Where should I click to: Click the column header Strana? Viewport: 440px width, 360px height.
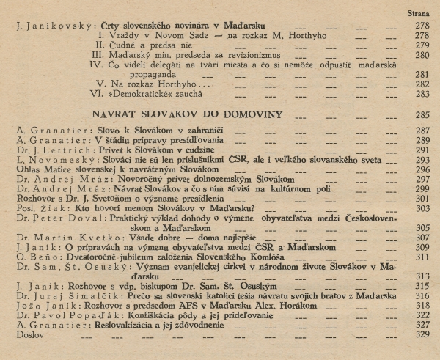pos(418,13)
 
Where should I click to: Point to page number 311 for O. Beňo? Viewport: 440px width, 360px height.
pos(418,257)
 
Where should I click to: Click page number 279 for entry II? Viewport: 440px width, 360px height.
pos(418,45)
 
